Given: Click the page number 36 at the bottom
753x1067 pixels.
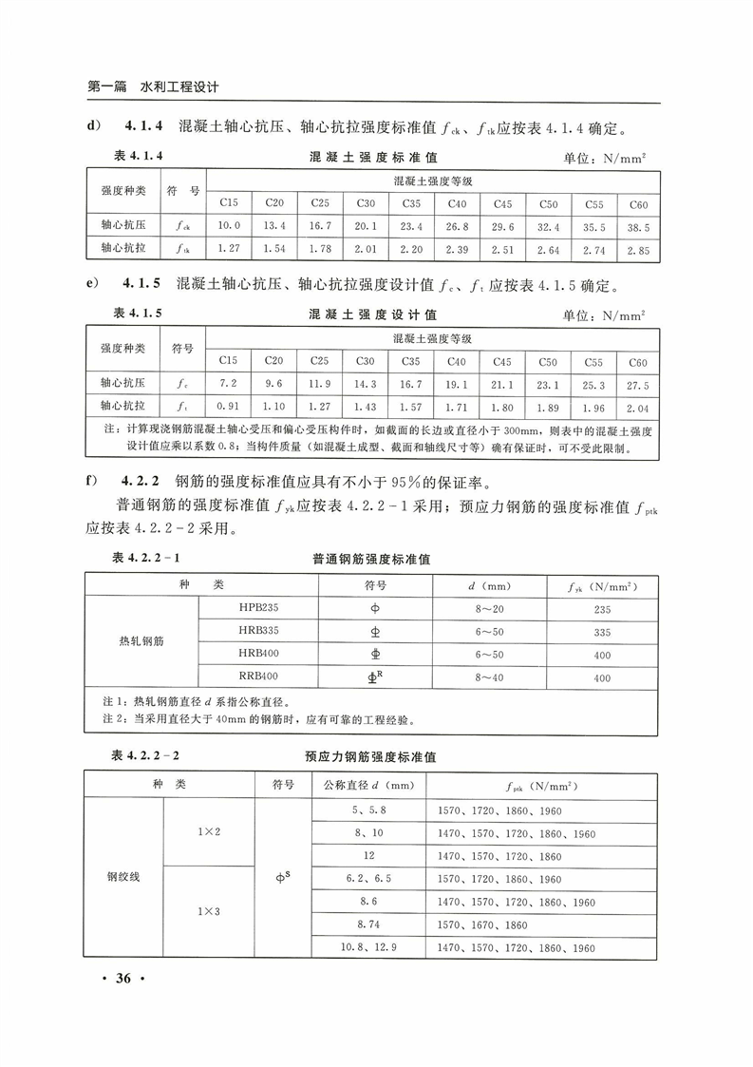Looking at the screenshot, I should (128, 980).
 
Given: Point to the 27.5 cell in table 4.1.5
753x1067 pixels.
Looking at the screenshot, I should (638, 385).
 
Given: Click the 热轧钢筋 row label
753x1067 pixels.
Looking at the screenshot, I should (141, 642).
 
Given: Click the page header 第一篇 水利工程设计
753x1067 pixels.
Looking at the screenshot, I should (153, 86).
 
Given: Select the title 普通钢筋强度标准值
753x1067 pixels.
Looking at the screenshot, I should (371, 560).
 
